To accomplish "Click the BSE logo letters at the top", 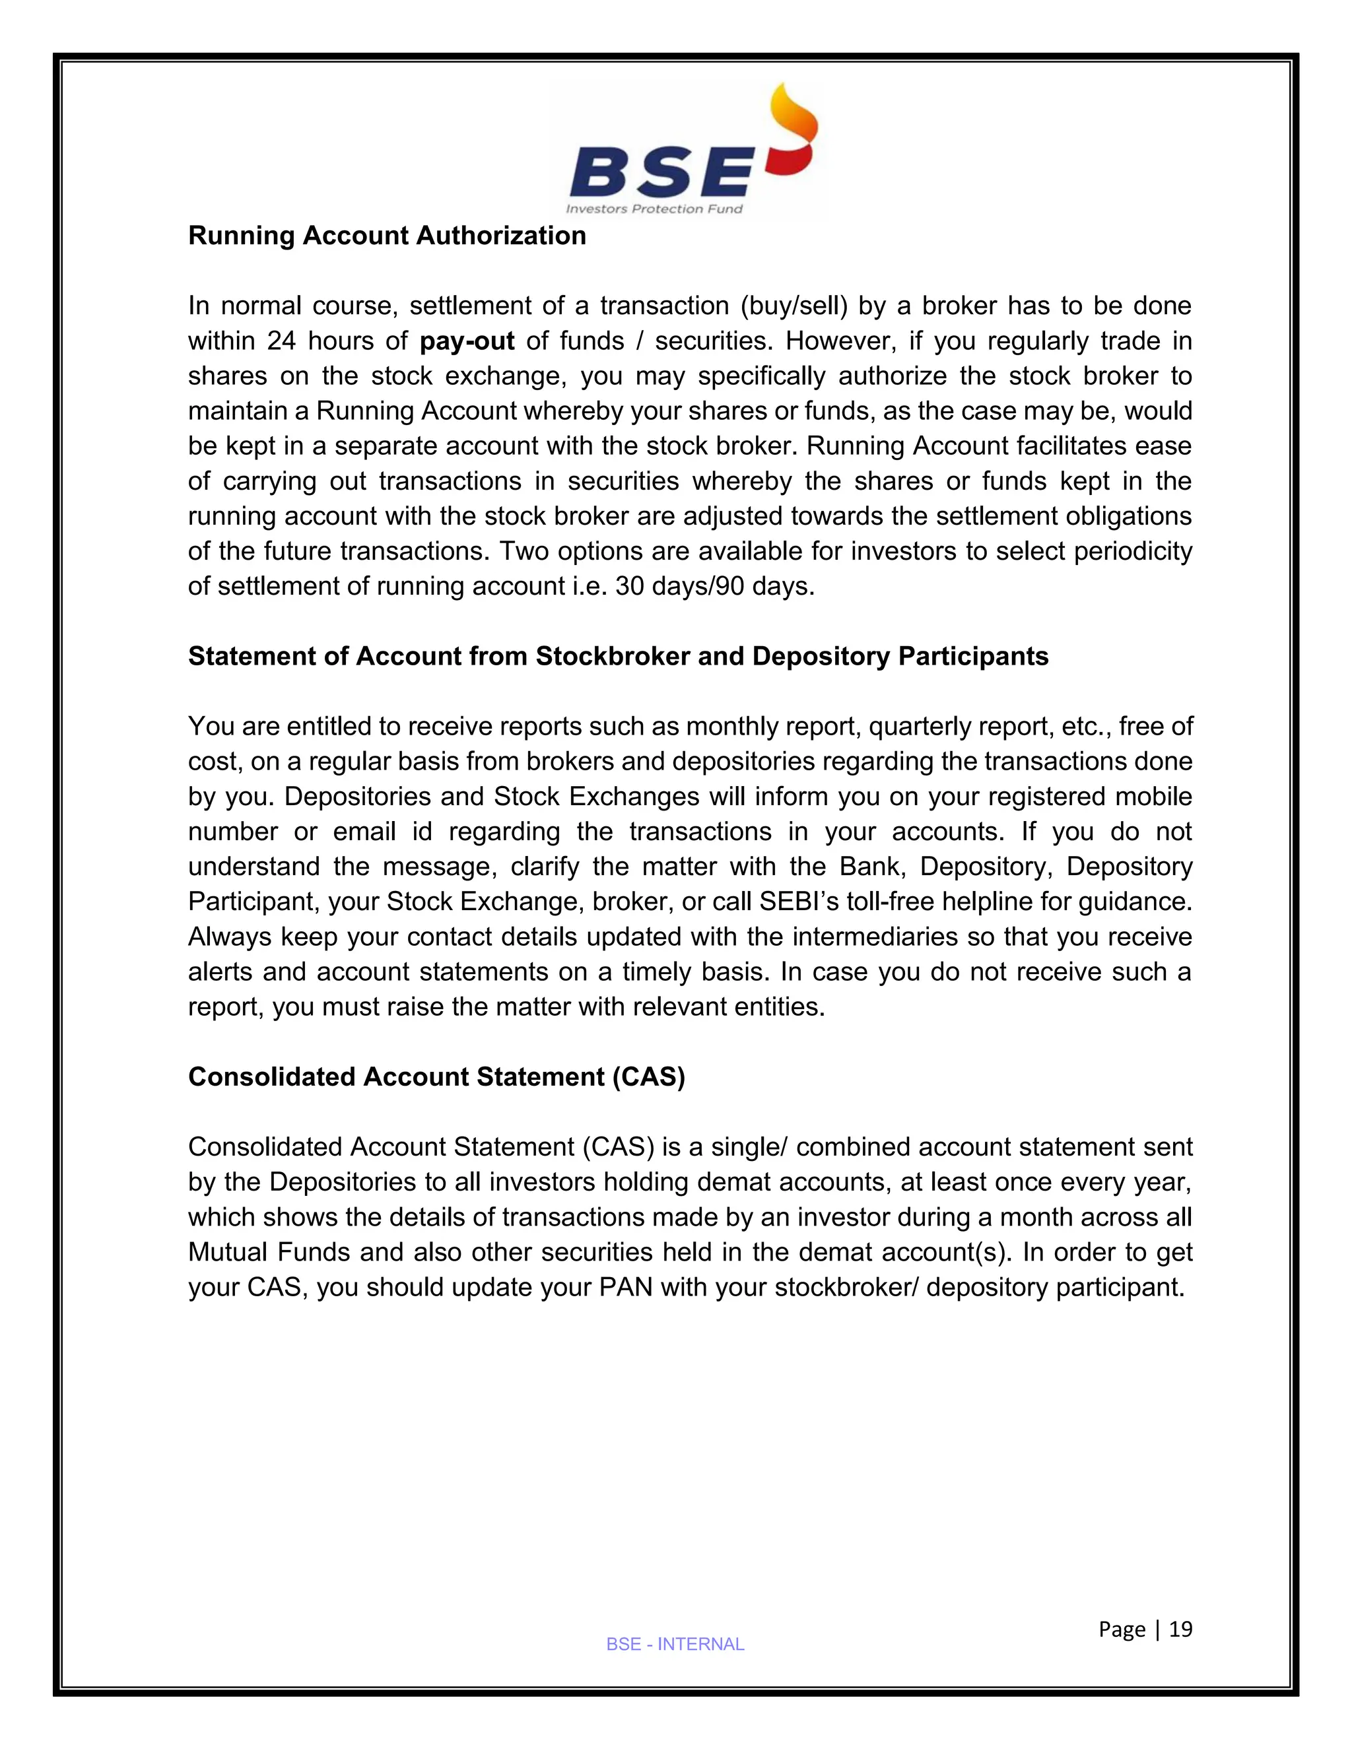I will tap(660, 174).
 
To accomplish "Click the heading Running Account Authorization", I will tap(387, 236).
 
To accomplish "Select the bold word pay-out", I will tap(467, 341).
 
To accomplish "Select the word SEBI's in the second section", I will tap(803, 902).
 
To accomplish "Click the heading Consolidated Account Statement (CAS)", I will tap(436, 1077).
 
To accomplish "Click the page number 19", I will tap(1180, 1630).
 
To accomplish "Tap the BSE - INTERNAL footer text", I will tap(675, 1645).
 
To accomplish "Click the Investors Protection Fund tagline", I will tap(654, 210).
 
